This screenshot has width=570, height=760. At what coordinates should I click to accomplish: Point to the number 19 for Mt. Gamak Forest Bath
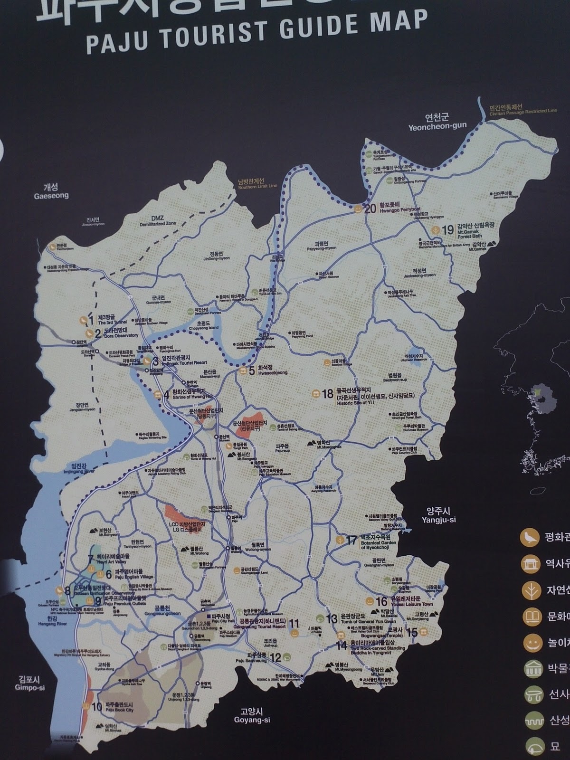pyautogui.click(x=447, y=230)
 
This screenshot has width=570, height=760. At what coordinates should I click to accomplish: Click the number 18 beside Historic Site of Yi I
pyautogui.click(x=328, y=393)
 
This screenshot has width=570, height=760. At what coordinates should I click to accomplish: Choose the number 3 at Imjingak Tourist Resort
pyautogui.click(x=155, y=361)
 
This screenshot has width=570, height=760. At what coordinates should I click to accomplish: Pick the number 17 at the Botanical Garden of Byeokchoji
pyautogui.click(x=351, y=540)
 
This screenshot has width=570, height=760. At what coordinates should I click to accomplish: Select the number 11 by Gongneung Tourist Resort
pyautogui.click(x=294, y=623)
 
